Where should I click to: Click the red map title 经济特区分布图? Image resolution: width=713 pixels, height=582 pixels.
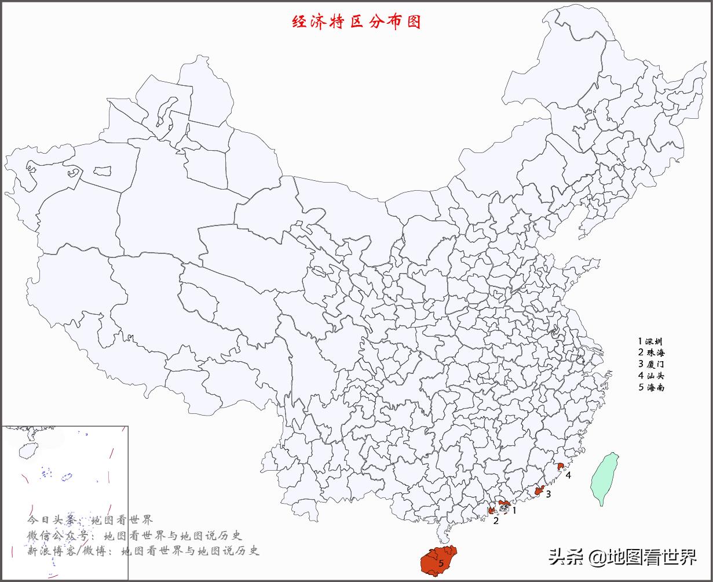pyautogui.click(x=356, y=22)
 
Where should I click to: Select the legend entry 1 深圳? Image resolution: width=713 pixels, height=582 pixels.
pyautogui.click(x=650, y=342)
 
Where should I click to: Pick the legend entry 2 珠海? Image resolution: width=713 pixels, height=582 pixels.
pyautogui.click(x=651, y=352)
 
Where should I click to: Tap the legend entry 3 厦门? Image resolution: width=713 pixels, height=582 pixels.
pyautogui.click(x=651, y=364)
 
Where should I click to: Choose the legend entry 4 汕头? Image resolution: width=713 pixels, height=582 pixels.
pyautogui.click(x=651, y=376)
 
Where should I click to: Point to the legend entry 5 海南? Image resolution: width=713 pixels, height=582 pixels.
pyautogui.click(x=651, y=387)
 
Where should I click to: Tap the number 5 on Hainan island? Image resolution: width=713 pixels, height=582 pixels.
pyautogui.click(x=441, y=563)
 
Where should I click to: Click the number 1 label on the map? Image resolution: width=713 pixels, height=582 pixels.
pyautogui.click(x=514, y=511)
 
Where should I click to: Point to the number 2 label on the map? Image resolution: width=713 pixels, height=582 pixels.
pyautogui.click(x=496, y=521)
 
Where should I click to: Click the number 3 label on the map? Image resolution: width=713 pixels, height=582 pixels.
pyautogui.click(x=548, y=494)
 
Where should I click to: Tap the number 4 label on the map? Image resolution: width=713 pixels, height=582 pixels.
pyautogui.click(x=569, y=475)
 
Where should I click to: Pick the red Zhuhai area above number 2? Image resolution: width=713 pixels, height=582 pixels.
pyautogui.click(x=492, y=511)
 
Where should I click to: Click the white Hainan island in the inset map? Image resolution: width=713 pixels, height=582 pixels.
pyautogui.click(x=25, y=450)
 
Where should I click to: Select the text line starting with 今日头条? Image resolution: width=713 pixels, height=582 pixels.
pyautogui.click(x=90, y=519)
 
